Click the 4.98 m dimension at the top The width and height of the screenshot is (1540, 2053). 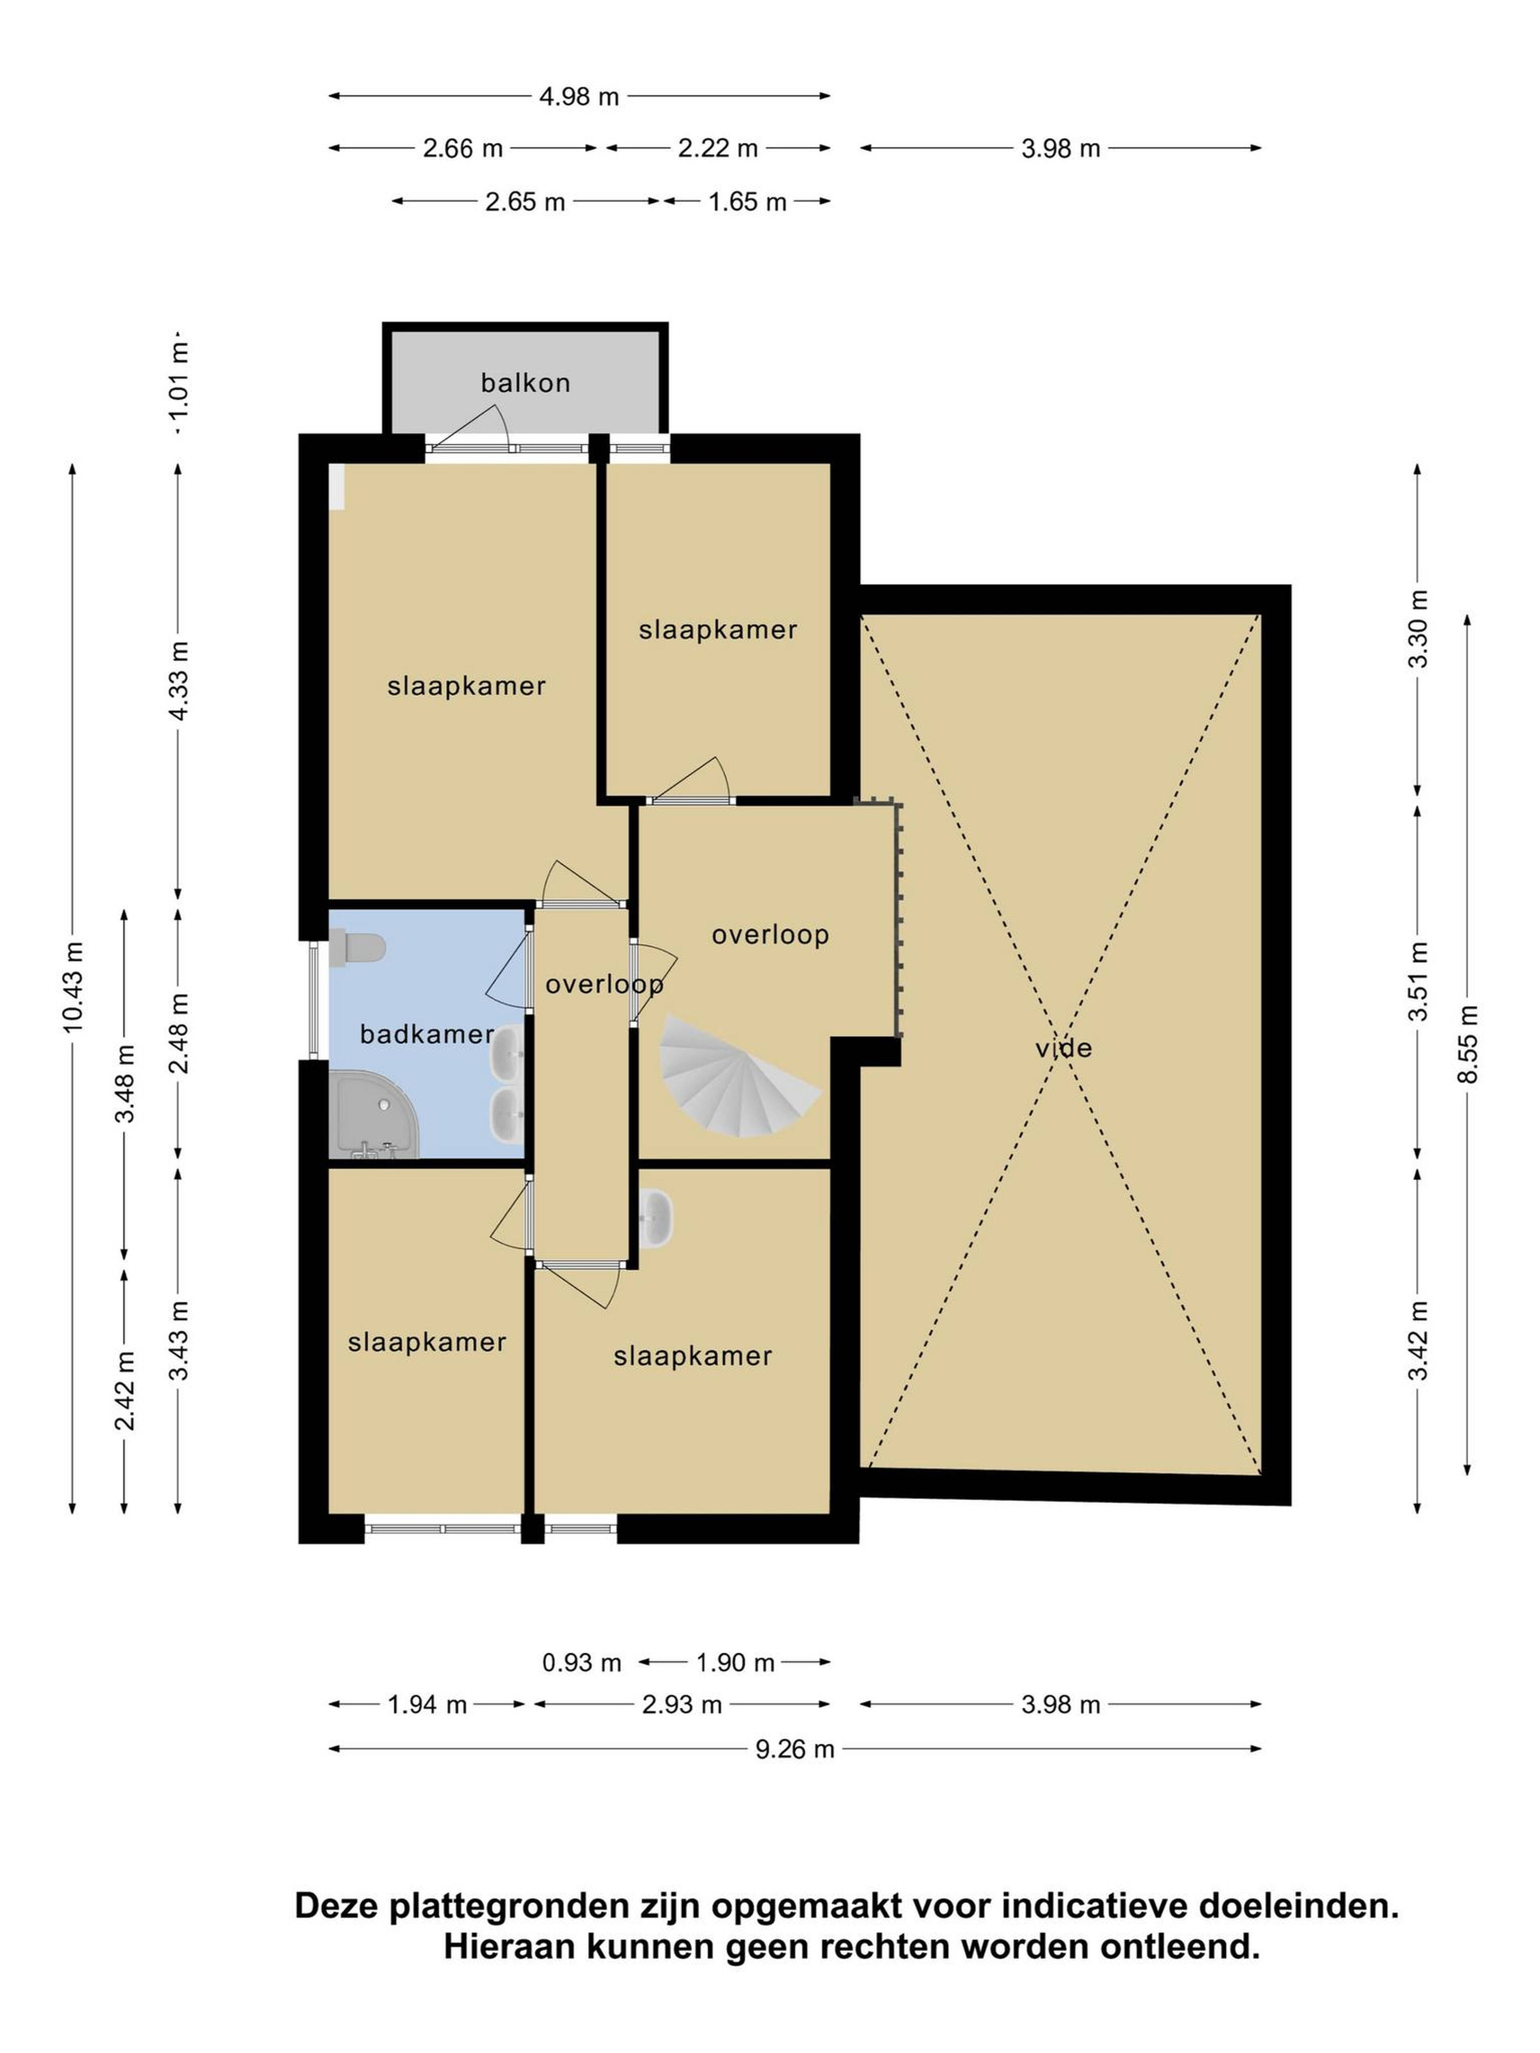579,97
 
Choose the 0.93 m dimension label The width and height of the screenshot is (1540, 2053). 581,1662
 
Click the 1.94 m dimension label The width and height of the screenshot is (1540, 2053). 427,1704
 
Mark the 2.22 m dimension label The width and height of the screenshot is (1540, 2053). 717,148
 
